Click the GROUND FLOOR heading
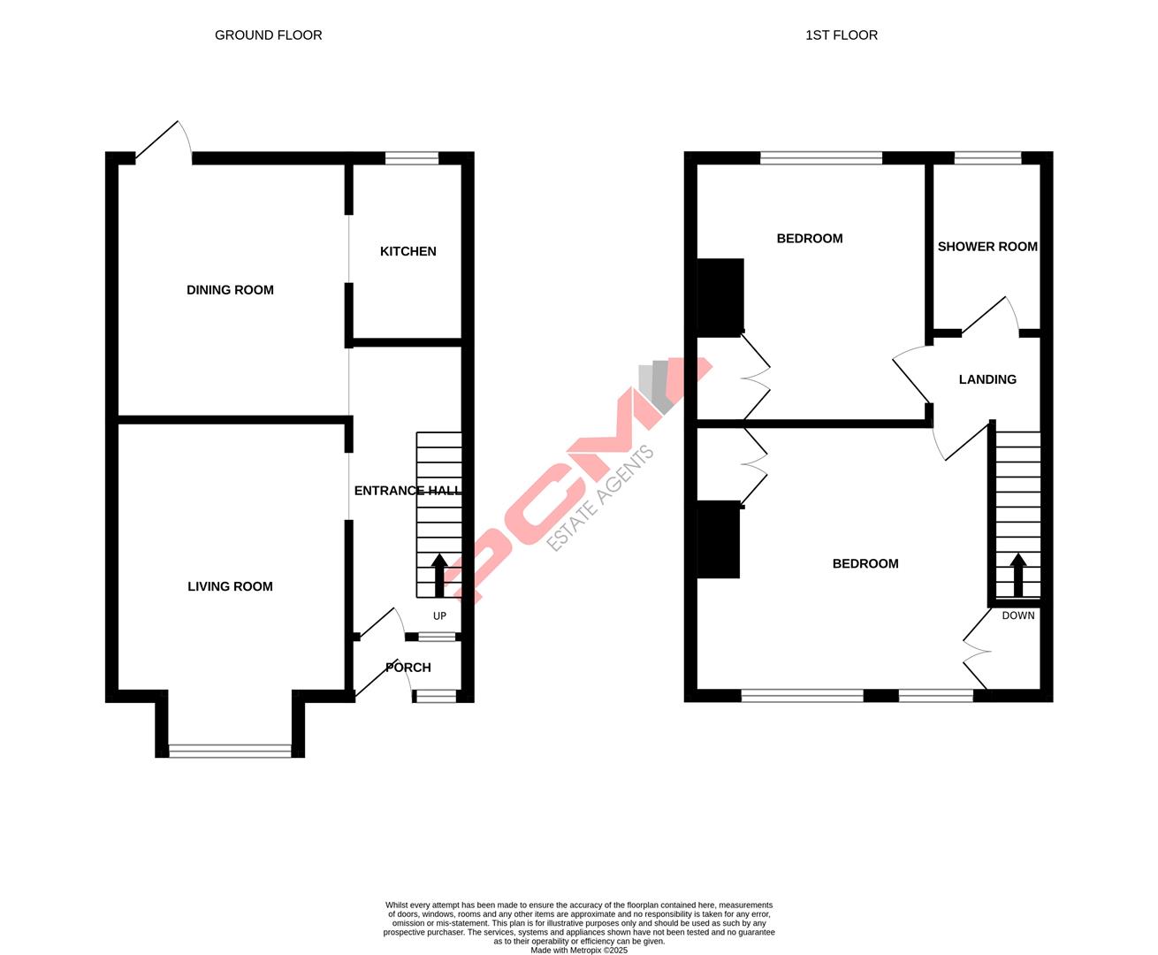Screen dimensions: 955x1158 pos(268,35)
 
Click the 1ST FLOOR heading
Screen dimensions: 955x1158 pos(841,35)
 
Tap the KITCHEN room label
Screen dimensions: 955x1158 pos(408,251)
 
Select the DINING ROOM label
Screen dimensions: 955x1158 pos(230,290)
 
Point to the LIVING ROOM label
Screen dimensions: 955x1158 pos(230,586)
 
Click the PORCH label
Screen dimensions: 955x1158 pos(408,668)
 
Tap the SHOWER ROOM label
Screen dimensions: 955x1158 pos(987,247)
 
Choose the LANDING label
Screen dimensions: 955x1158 pos(987,379)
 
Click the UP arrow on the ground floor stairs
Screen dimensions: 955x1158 pos(439,575)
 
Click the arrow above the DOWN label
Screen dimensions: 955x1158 pos(1017,575)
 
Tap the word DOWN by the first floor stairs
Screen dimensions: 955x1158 pos(1017,615)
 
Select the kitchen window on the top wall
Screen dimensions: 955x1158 pos(412,159)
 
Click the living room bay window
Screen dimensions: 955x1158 pos(230,752)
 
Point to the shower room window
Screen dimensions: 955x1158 pos(987,159)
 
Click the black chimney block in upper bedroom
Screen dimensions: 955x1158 pos(720,297)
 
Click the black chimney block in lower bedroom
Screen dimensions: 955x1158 pos(718,539)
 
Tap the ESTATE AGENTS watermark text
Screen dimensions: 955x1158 pos(601,500)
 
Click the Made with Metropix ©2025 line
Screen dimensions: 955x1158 pos(579,951)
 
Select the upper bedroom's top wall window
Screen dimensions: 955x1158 pos(821,159)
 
